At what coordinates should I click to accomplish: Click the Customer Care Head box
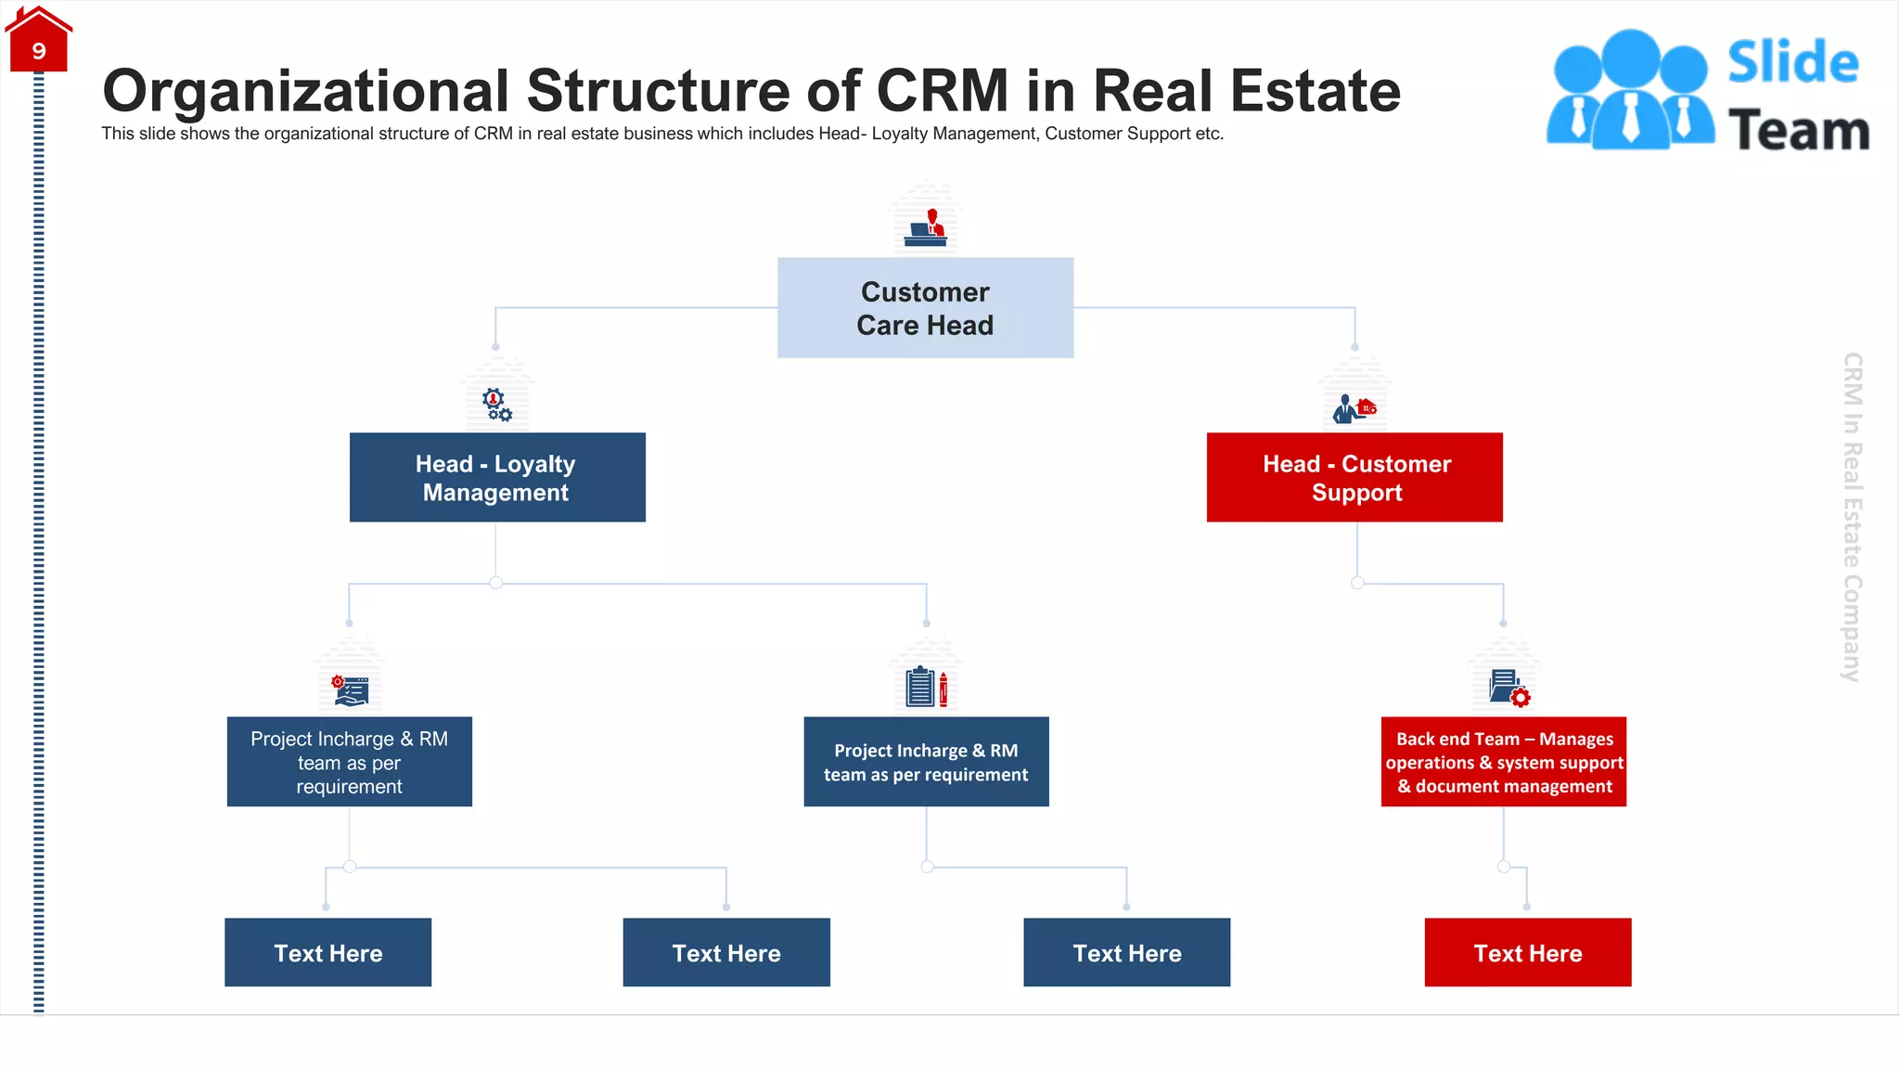(925, 308)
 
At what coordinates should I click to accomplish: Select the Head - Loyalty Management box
(497, 478)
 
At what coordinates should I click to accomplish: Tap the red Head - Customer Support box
(1354, 478)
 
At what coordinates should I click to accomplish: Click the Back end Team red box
(1503, 762)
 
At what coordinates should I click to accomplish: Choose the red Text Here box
(1527, 952)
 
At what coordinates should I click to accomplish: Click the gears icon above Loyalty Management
(496, 405)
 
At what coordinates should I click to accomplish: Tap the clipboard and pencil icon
(926, 688)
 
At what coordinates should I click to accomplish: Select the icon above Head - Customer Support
(1354, 408)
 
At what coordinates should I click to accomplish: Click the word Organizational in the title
(306, 91)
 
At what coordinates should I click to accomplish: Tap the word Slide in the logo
(1792, 62)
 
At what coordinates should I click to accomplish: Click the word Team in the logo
(1798, 131)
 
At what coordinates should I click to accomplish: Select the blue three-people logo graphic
(1630, 90)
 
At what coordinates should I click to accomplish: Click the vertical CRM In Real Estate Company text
(1852, 517)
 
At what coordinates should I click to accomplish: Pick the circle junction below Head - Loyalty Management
(496, 583)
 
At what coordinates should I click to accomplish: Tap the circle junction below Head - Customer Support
(1357, 583)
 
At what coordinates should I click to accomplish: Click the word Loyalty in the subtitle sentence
(905, 134)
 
